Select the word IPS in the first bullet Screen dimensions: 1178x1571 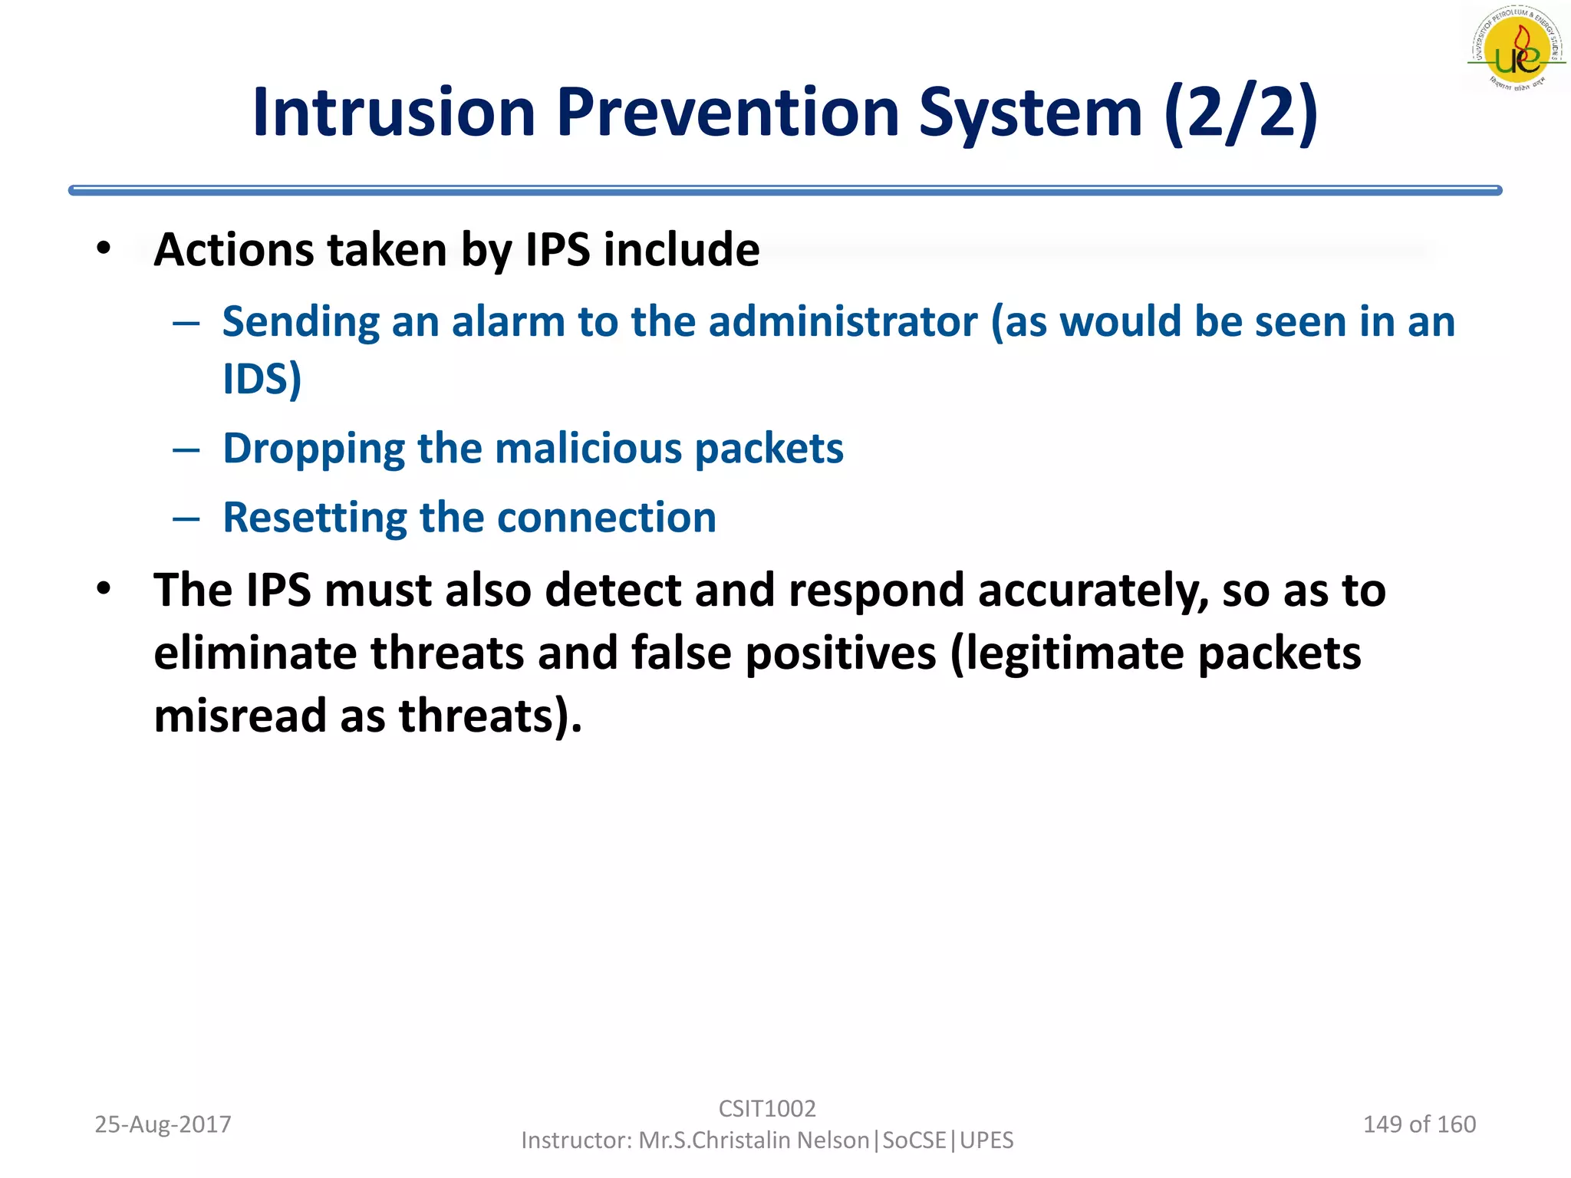click(x=558, y=250)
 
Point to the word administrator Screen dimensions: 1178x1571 click(x=843, y=321)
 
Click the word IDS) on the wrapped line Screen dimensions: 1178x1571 click(x=262, y=379)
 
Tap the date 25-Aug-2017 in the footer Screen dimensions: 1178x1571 click(x=163, y=1124)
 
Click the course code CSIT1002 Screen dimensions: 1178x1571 click(x=766, y=1108)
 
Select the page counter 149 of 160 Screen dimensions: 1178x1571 click(x=1418, y=1124)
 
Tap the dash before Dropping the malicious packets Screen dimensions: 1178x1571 click(x=186, y=449)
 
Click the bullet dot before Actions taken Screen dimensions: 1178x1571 click(x=104, y=248)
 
